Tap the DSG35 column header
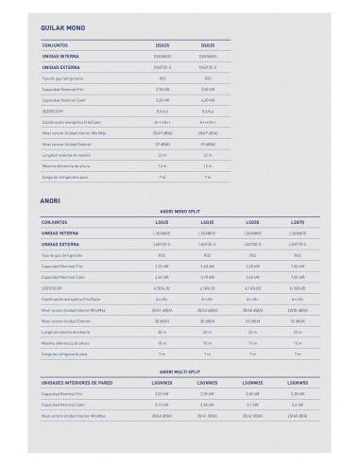pyautogui.click(x=209, y=43)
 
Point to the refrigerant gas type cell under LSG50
pyautogui.click(x=251, y=255)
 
